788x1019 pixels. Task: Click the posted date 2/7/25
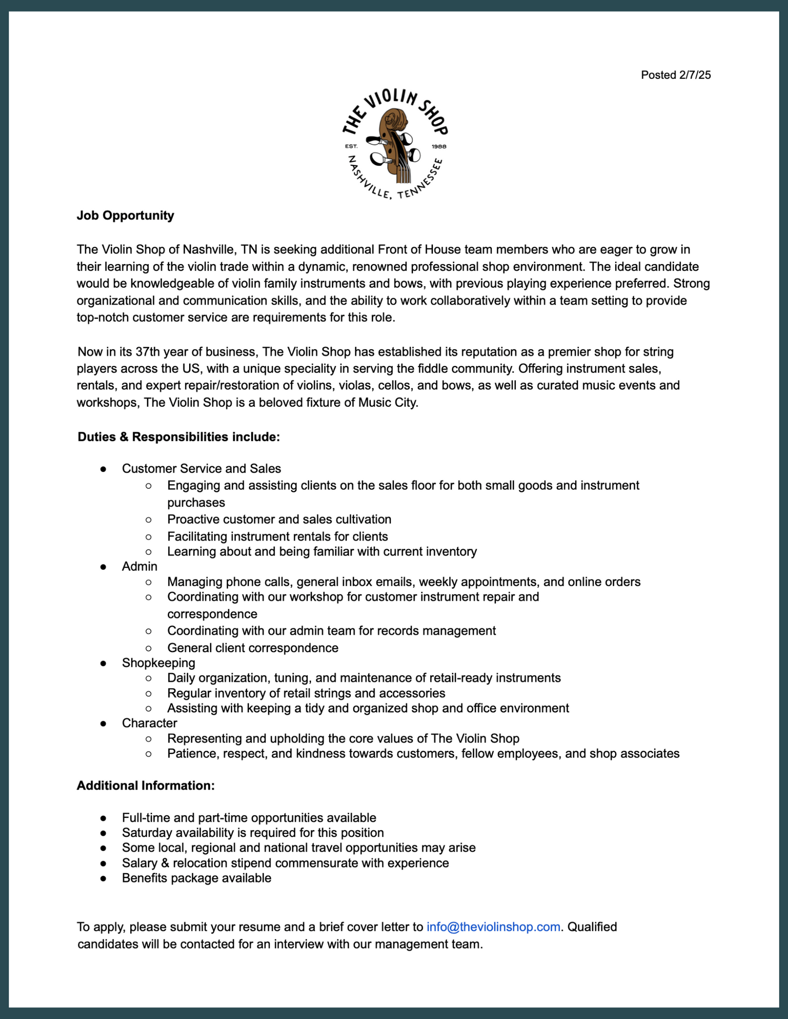[x=676, y=75]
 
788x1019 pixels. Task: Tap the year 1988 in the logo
[x=439, y=146]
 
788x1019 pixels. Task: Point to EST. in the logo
[x=351, y=146]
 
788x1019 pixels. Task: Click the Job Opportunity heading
[x=125, y=215]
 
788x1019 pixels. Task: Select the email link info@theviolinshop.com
[x=493, y=927]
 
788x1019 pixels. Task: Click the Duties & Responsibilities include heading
[x=179, y=437]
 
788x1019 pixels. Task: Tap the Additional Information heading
[x=146, y=785]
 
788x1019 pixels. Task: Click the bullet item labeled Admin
[x=139, y=566]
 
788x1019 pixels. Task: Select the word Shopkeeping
[x=158, y=663]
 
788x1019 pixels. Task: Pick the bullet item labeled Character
[x=149, y=723]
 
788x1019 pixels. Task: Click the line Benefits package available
[x=196, y=878]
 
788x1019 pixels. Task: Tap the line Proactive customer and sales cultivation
[x=279, y=519]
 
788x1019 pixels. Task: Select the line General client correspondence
[x=253, y=648]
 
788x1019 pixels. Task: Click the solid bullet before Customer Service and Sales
[x=103, y=469]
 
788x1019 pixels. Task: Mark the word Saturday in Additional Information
[x=144, y=833]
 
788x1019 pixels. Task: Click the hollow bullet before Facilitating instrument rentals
[x=149, y=537]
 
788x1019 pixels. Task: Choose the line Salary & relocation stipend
[x=285, y=863]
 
